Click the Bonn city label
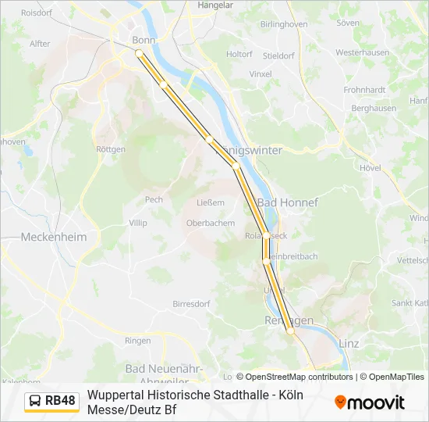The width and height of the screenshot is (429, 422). tap(144, 40)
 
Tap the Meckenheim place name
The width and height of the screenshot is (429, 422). tap(54, 236)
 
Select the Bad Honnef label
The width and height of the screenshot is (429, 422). tap(288, 202)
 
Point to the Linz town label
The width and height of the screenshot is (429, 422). tap(349, 343)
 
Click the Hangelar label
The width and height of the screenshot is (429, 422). tap(216, 5)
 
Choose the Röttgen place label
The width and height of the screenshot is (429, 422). tap(109, 149)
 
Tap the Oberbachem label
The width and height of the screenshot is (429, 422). tap(210, 223)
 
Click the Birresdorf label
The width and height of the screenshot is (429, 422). tap(191, 303)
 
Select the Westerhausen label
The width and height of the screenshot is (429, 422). tap(363, 52)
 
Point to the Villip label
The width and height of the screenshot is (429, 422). tap(137, 223)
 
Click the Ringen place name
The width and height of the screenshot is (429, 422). tap(137, 341)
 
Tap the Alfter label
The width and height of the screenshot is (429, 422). tap(39, 44)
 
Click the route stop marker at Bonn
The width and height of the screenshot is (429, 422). tap(139, 53)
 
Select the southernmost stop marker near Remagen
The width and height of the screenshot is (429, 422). tap(290, 331)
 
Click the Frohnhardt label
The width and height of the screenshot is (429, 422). tap(364, 90)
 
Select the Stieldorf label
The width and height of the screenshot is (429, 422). tap(278, 55)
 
